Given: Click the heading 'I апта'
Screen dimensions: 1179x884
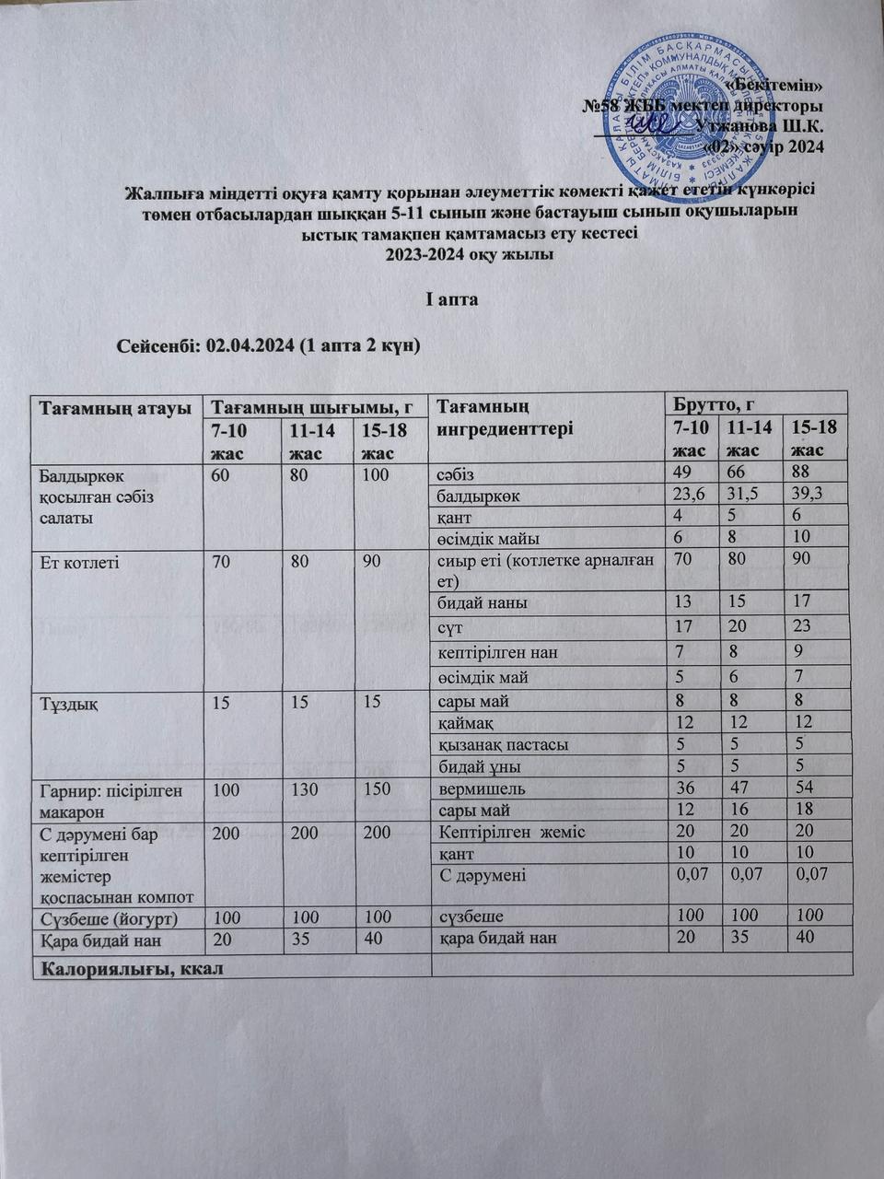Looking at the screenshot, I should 450,300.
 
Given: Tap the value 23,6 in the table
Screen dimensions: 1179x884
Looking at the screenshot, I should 689,496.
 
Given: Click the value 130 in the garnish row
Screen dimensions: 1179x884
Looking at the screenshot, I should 303,789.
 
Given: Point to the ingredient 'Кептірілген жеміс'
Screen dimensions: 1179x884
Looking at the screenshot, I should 512,833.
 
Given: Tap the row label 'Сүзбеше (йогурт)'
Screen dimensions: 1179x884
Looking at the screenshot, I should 109,918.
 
